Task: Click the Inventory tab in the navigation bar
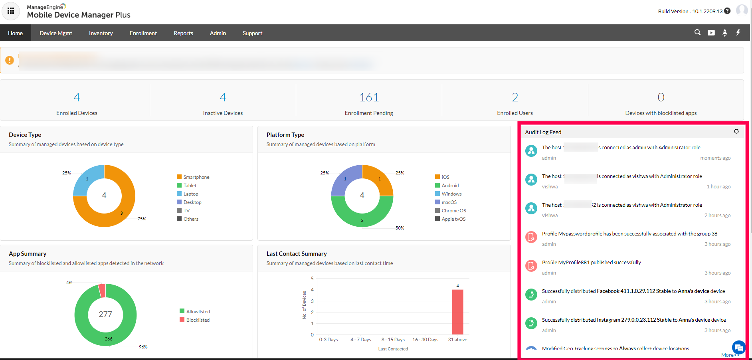(x=101, y=33)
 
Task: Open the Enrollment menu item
(x=143, y=33)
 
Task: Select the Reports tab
(x=183, y=33)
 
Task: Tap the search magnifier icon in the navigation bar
(x=697, y=32)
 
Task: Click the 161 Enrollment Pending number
(x=369, y=97)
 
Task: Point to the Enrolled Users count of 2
(x=515, y=97)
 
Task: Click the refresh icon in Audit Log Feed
(x=736, y=131)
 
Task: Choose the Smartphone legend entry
(x=196, y=177)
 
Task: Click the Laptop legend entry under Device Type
(x=190, y=194)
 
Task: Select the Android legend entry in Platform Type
(x=450, y=186)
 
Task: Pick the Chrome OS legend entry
(x=453, y=211)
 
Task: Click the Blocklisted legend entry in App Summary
(x=198, y=320)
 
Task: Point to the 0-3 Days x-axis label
(x=329, y=340)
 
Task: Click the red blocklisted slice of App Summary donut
(x=102, y=290)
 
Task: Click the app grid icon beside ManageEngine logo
(x=11, y=11)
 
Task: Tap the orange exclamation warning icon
(x=10, y=60)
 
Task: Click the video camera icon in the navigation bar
(x=711, y=33)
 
